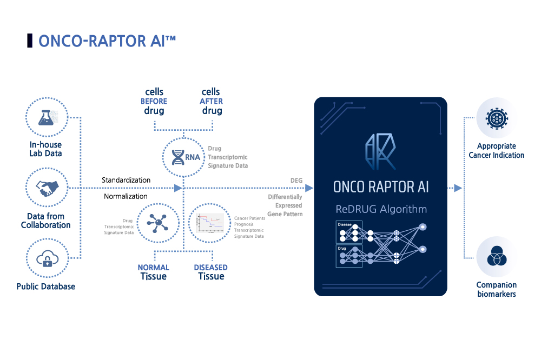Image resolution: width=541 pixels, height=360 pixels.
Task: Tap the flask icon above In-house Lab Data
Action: tap(47, 117)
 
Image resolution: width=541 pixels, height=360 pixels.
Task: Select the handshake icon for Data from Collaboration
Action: tap(47, 188)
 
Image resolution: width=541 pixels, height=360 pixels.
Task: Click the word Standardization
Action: tap(126, 179)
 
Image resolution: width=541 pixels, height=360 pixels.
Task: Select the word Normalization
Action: tap(126, 196)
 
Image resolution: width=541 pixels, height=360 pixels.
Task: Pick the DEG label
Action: tap(296, 180)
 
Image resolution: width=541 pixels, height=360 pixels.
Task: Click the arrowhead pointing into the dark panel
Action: tap(309, 188)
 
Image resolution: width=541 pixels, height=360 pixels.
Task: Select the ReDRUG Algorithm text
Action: tap(380, 209)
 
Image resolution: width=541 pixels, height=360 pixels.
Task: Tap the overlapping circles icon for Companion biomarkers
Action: tap(497, 257)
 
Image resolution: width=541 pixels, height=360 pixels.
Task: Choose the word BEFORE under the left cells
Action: tap(154, 101)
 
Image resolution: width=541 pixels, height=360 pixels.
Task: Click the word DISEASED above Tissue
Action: tap(211, 268)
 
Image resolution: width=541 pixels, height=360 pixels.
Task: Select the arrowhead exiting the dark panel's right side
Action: tap(458, 188)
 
